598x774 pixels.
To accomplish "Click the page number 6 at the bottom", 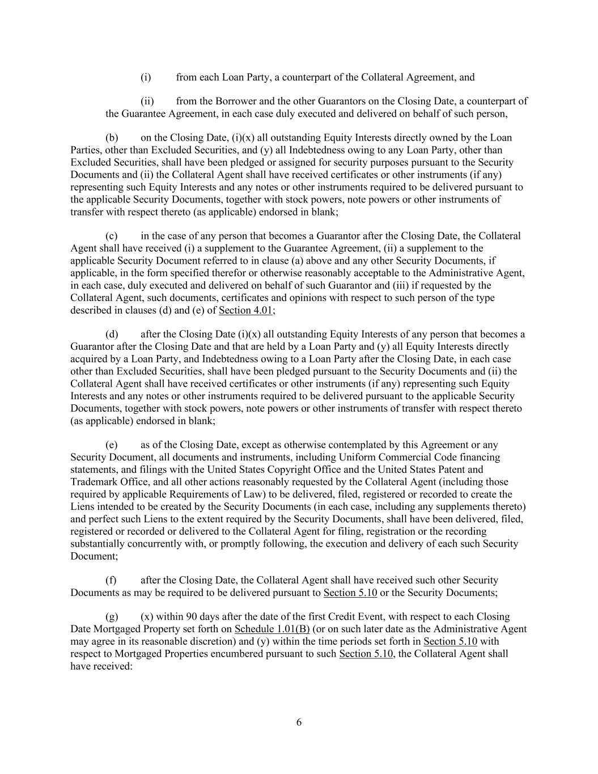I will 299,722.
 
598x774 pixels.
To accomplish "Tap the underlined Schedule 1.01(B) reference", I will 272,629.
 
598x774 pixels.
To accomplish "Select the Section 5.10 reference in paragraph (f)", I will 350,593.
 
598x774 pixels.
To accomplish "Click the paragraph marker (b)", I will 112,138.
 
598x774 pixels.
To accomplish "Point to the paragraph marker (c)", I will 112,236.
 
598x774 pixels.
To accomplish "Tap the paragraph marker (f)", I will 112,580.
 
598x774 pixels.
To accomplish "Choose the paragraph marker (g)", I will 112,616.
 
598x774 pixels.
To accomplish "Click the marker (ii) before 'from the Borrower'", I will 147,101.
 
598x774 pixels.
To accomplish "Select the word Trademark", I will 92,482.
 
